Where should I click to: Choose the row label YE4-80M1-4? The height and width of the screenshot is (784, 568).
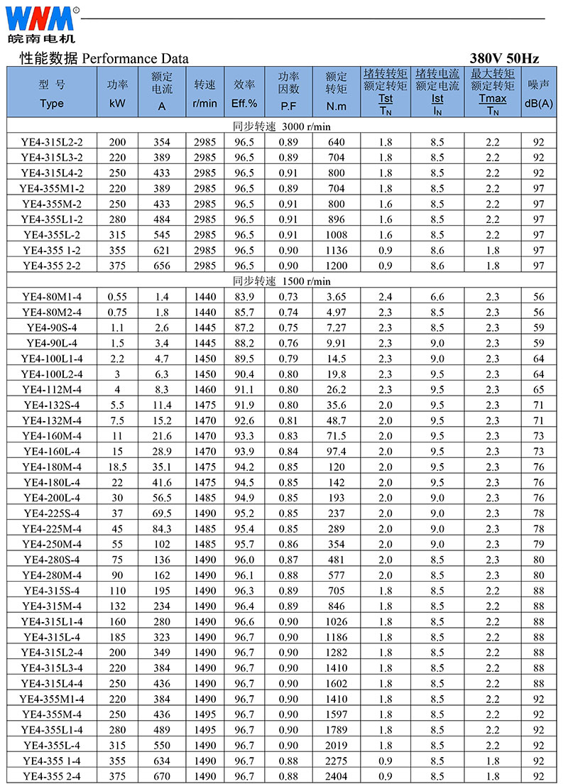(x=52, y=297)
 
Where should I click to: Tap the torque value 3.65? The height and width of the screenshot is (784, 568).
(x=336, y=297)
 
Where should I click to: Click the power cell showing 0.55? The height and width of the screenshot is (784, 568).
(x=117, y=297)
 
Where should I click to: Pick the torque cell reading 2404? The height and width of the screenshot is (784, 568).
(x=336, y=776)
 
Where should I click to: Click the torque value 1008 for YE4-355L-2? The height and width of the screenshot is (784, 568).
(x=336, y=235)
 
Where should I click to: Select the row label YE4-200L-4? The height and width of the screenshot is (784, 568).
(x=52, y=498)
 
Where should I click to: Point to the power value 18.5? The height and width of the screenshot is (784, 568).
(x=117, y=467)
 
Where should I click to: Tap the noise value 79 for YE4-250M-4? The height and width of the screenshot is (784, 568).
(x=539, y=544)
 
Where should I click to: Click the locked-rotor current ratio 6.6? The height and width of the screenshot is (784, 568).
(x=437, y=297)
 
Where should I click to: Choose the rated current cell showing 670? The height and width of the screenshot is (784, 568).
(x=162, y=776)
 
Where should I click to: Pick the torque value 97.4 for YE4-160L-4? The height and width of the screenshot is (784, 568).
(x=336, y=452)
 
